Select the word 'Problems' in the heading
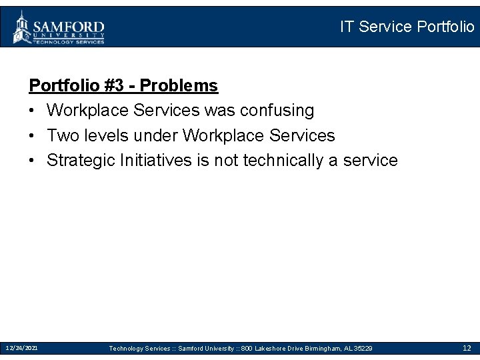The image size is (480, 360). click(179, 86)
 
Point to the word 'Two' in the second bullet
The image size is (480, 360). click(63, 135)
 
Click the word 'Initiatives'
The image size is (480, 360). click(146, 161)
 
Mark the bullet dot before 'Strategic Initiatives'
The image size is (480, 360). click(33, 161)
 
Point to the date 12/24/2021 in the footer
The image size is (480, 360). click(21, 348)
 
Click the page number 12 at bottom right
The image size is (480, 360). click(467, 348)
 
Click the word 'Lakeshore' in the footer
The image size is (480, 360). click(271, 349)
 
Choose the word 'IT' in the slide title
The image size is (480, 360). click(347, 27)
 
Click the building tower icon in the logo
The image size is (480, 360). click(23, 27)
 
